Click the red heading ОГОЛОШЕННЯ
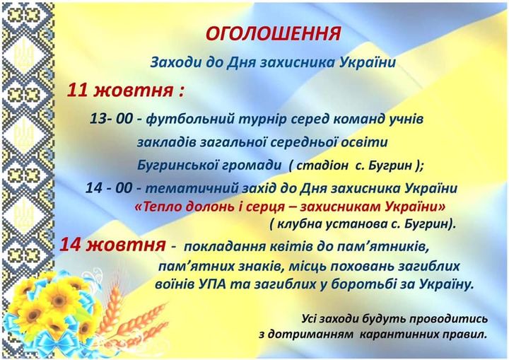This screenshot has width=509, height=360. click(273, 34)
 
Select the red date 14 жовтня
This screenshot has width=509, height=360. click(112, 245)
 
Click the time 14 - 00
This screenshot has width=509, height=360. click(109, 188)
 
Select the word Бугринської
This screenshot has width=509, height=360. click(177, 166)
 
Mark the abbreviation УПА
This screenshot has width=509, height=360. click(211, 284)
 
